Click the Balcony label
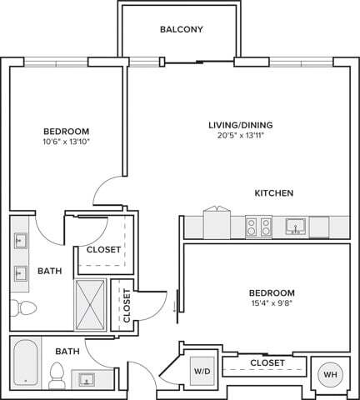[182, 29]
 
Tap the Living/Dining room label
[241, 125]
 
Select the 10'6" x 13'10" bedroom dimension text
[66, 142]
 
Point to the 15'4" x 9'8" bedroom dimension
[272, 303]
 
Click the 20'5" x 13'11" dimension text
[241, 136]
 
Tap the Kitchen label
[274, 193]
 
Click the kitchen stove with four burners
[258, 227]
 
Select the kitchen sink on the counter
[296, 227]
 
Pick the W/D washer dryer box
[202, 371]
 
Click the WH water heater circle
[330, 374]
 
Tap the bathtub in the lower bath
[26, 362]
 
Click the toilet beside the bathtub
[57, 375]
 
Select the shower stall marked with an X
[90, 305]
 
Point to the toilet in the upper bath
[23, 307]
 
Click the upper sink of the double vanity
[21, 241]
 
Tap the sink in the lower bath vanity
[87, 379]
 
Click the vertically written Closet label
[127, 306]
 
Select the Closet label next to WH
[267, 362]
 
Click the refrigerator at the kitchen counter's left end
[217, 222]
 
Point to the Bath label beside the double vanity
[49, 271]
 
